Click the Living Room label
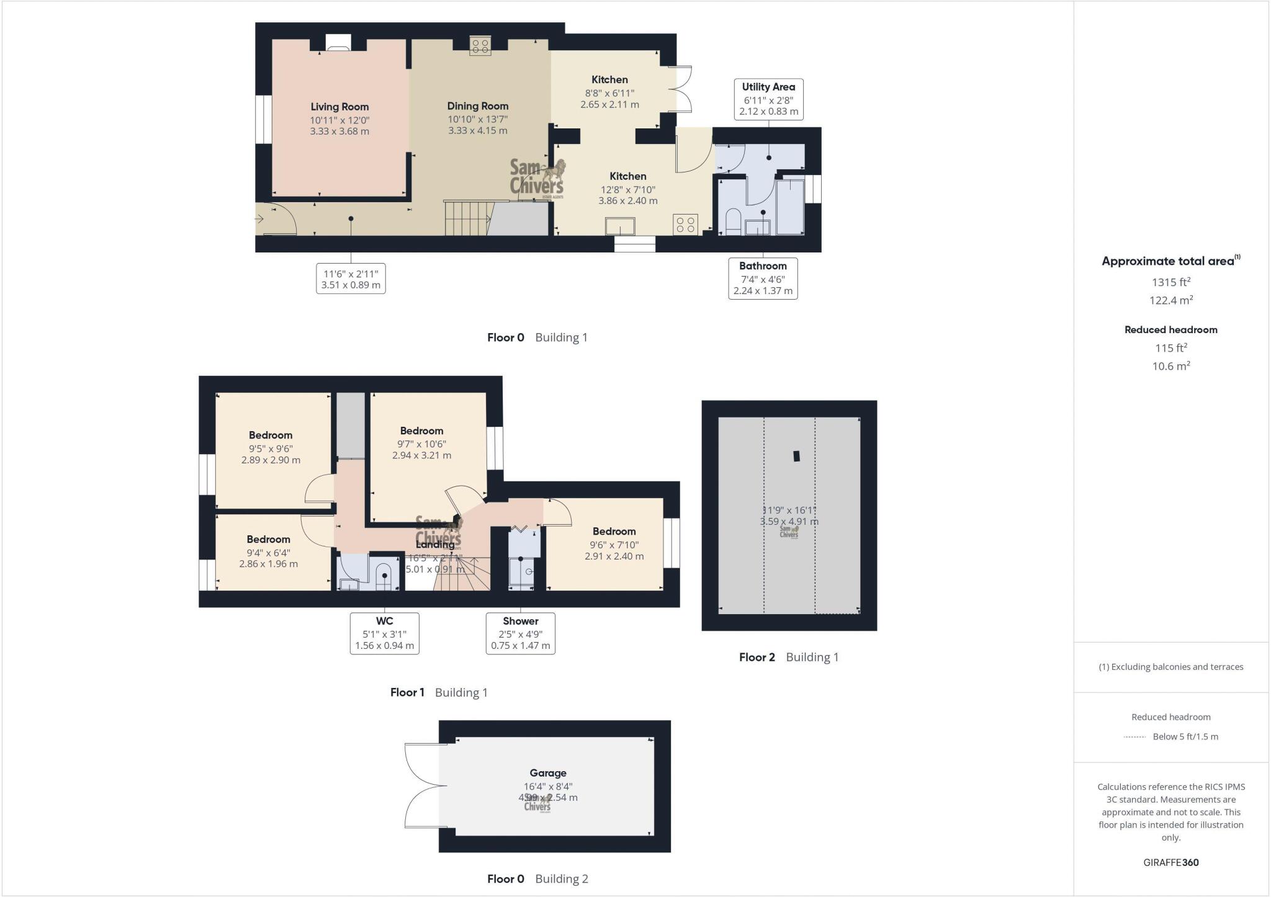(339, 107)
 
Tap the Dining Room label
(478, 106)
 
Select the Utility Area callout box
(768, 99)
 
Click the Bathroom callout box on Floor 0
(763, 278)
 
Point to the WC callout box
(384, 633)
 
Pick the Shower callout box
(520, 633)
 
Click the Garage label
(547, 773)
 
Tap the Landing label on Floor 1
(435, 544)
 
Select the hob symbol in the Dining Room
(480, 46)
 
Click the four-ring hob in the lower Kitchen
(685, 224)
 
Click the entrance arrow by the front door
(259, 218)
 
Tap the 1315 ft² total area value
(1170, 282)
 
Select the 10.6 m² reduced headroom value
(1170, 366)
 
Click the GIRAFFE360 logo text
(1170, 862)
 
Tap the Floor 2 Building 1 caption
(788, 657)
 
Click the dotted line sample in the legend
(1134, 737)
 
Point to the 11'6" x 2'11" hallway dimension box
(351, 279)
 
